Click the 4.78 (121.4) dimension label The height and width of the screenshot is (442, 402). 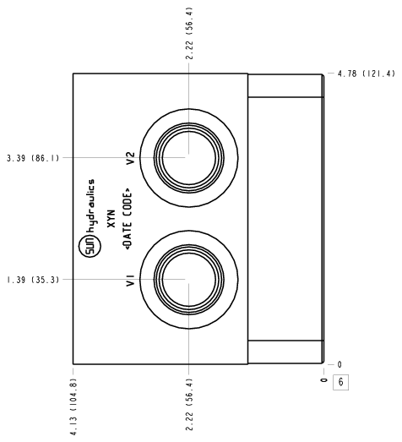pyautogui.click(x=367, y=74)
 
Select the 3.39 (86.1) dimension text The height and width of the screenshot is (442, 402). pyautogui.click(x=33, y=158)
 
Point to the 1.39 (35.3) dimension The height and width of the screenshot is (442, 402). pyautogui.click(x=33, y=280)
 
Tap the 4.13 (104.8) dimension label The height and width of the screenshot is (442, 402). pyautogui.click(x=73, y=407)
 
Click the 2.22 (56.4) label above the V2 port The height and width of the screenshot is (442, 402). pyautogui.click(x=189, y=33)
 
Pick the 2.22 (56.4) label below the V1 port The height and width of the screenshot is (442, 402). pyautogui.click(x=189, y=405)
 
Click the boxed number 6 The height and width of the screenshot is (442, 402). pyautogui.click(x=341, y=382)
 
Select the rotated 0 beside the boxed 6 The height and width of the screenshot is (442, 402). pyautogui.click(x=324, y=380)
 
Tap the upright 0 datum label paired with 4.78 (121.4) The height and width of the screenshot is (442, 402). pyautogui.click(x=340, y=364)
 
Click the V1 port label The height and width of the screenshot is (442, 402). pyautogui.click(x=131, y=281)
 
